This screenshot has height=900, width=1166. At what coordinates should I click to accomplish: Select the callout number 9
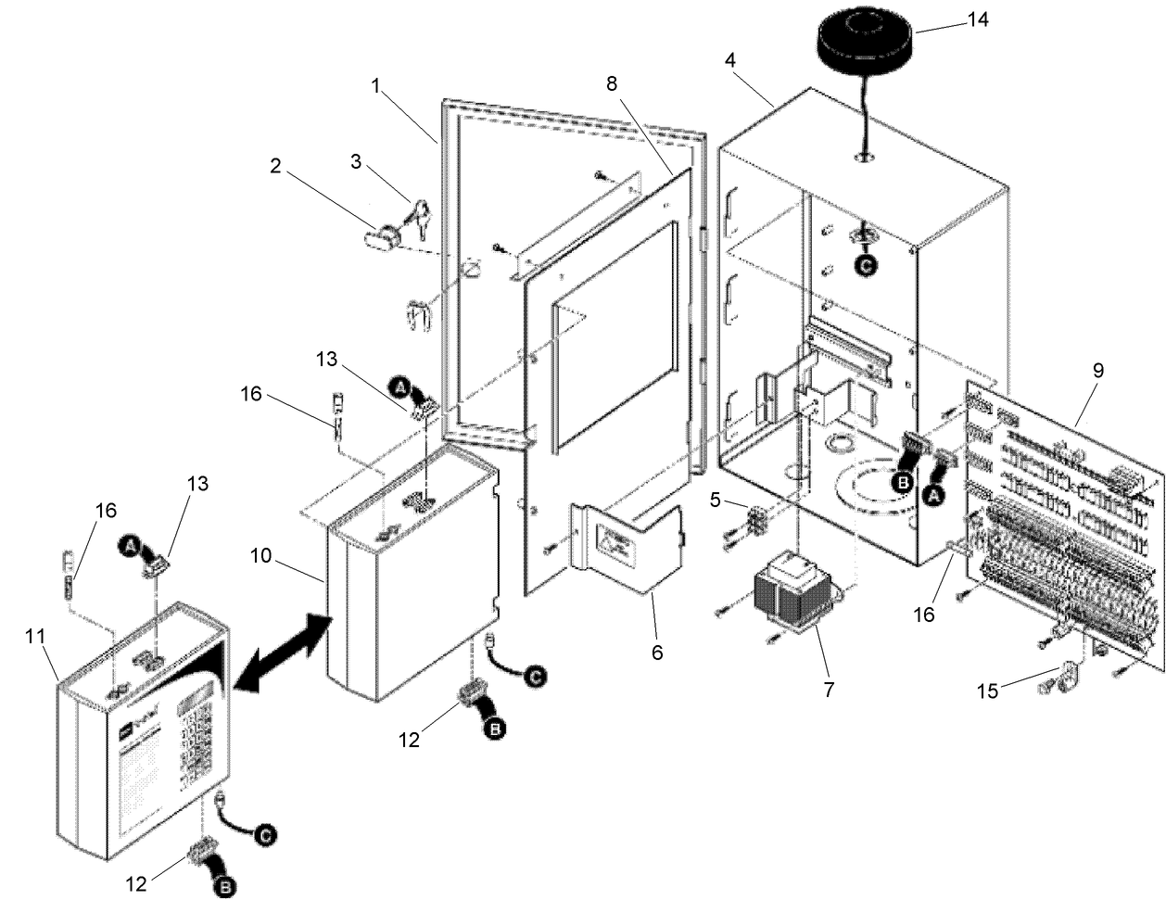pos(1097,370)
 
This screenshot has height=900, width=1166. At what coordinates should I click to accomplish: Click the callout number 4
pos(731,60)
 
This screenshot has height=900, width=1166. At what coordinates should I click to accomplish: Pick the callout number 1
pos(375,85)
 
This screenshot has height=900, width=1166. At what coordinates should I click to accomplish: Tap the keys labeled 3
pos(416,214)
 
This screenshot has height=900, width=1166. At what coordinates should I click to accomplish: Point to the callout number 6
pos(656,653)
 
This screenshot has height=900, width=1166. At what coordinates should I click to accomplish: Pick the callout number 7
pos(829,690)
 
